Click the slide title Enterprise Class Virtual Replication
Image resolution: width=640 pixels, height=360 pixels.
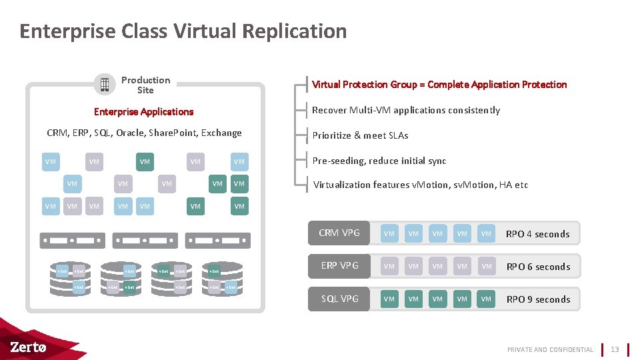pyautogui.click(x=183, y=31)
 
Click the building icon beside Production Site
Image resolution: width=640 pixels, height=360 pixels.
pyautogui.click(x=105, y=85)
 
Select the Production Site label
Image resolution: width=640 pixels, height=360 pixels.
pyautogui.click(x=145, y=85)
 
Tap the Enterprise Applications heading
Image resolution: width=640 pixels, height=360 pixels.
pyautogui.click(x=143, y=112)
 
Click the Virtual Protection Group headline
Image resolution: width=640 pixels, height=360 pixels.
pyautogui.click(x=439, y=85)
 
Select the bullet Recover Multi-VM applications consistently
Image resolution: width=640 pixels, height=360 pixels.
pyautogui.click(x=406, y=110)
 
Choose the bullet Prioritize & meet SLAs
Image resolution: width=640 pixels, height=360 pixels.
pyautogui.click(x=360, y=135)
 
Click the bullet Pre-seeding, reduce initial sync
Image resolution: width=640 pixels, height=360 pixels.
pyautogui.click(x=379, y=161)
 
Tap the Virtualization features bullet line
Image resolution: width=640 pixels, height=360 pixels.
pyautogui.click(x=421, y=185)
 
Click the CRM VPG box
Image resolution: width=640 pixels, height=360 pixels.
pyautogui.click(x=339, y=233)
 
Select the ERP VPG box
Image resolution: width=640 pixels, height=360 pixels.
pyautogui.click(x=339, y=265)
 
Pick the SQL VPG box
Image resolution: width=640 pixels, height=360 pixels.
pyautogui.click(x=339, y=299)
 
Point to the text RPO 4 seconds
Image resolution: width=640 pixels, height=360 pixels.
pyautogui.click(x=537, y=234)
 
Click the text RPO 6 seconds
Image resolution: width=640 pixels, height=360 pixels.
pyautogui.click(x=537, y=267)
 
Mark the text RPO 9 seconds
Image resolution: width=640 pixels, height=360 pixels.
pyautogui.click(x=537, y=299)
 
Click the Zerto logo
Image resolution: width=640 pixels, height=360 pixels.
pyautogui.click(x=28, y=347)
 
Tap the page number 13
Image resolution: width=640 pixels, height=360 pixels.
pyautogui.click(x=615, y=349)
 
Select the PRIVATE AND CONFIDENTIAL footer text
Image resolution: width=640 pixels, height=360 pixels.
pyautogui.click(x=550, y=349)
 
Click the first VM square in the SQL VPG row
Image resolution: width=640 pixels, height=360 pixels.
pyautogui.click(x=389, y=299)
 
